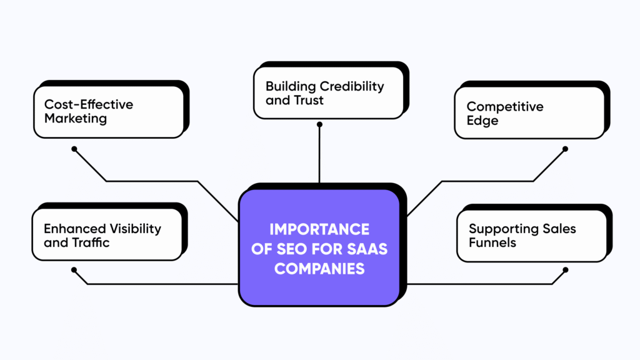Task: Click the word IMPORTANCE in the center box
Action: coord(319,229)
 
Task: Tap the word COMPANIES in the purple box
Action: coord(319,269)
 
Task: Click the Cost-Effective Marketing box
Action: coord(109,111)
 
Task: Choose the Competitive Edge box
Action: coord(529,112)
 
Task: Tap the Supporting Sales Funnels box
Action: coord(531,236)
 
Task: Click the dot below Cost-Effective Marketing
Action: coord(74,149)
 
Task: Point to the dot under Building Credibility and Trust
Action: coord(319,124)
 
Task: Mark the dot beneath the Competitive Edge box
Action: coord(565,149)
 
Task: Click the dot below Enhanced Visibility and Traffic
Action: coord(74,270)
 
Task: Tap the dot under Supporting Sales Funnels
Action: coord(565,270)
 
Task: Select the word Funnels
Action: coord(492,242)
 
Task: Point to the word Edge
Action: coord(482,120)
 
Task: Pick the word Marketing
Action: coord(76,118)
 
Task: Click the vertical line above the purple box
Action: coord(319,156)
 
